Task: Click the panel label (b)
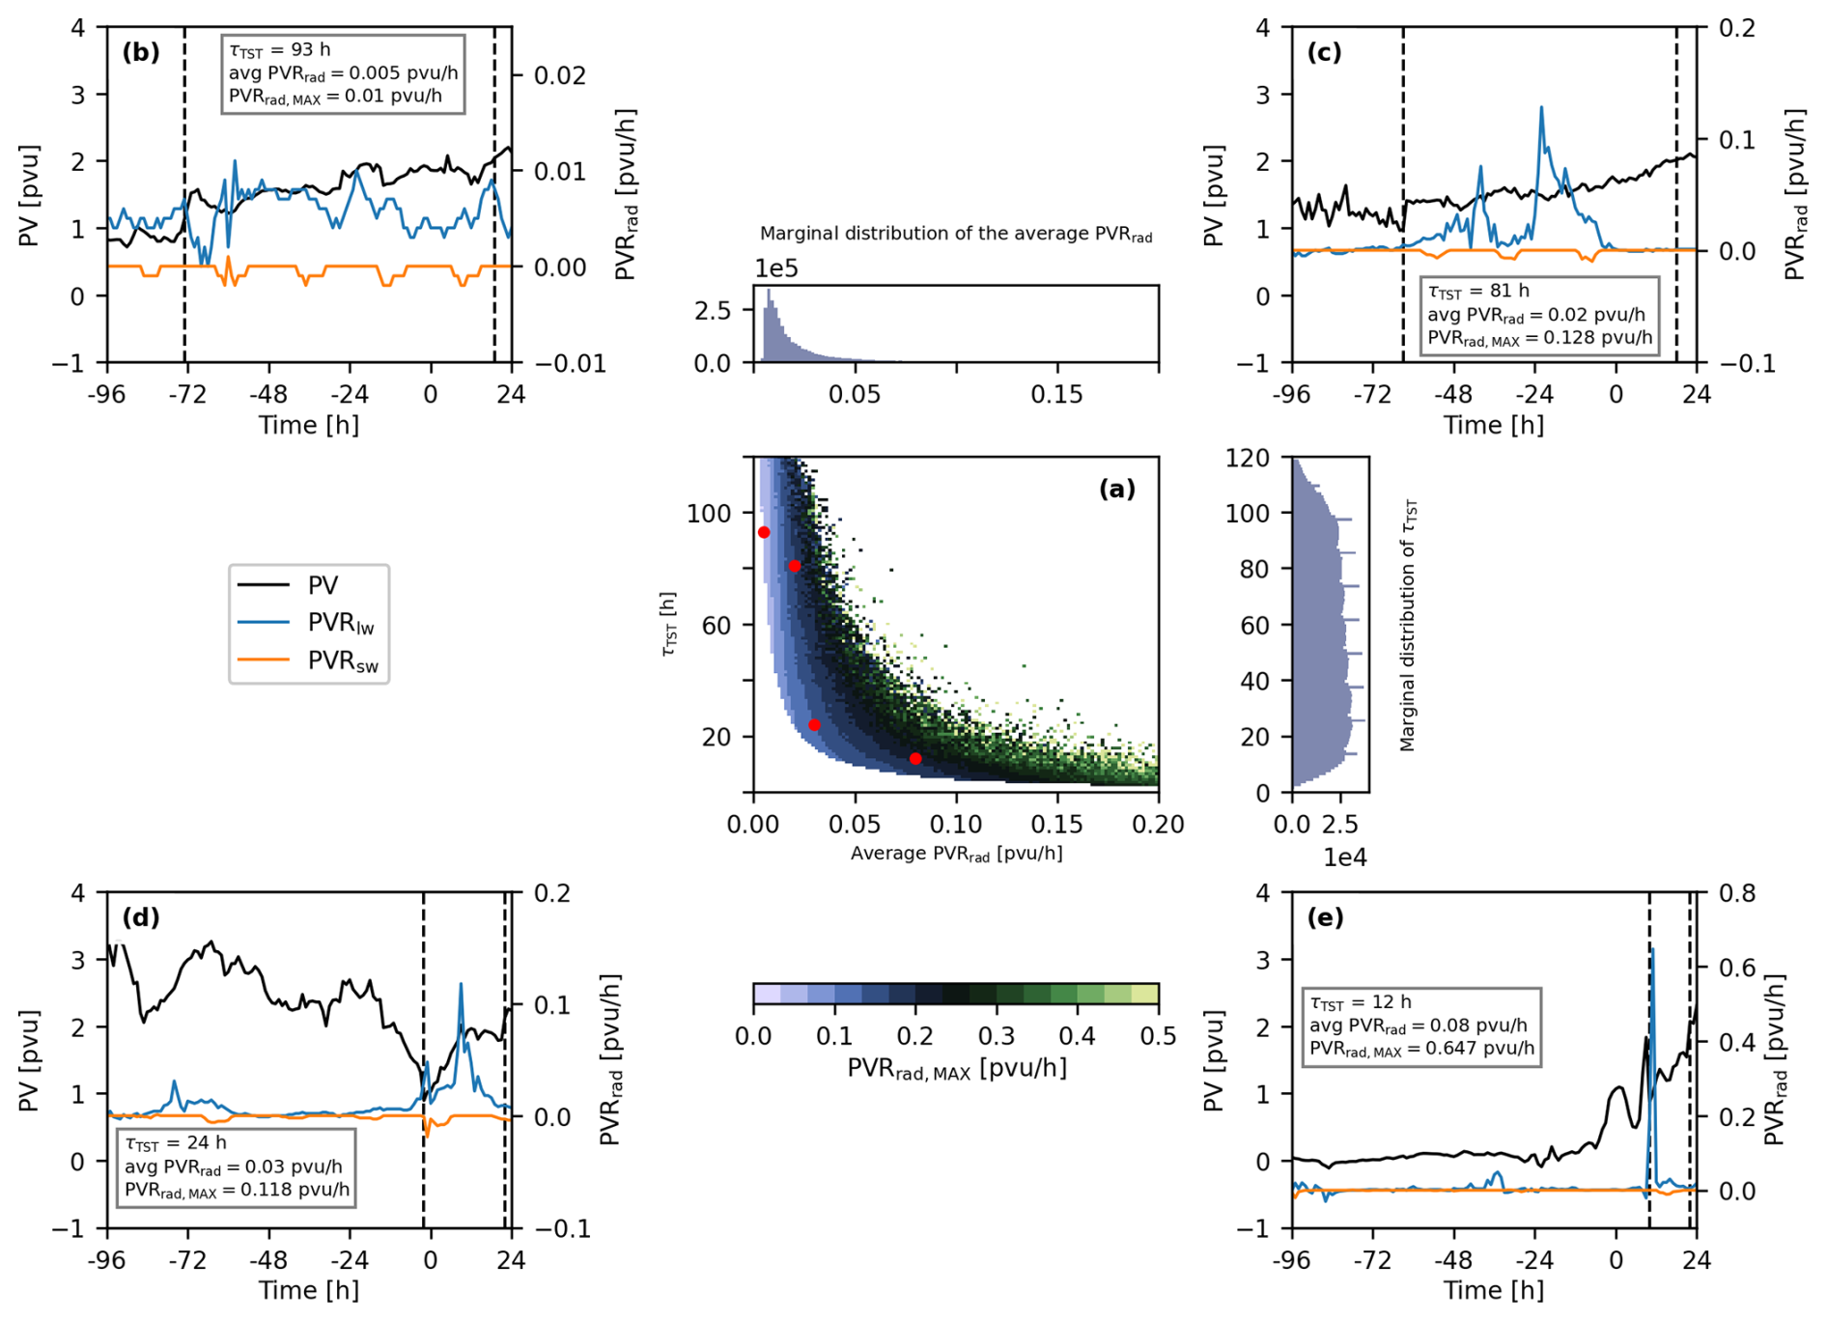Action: pos(141,52)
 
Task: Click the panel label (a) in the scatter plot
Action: pos(1117,490)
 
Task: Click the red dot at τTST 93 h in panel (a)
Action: pos(764,532)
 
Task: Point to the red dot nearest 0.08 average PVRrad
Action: pos(915,759)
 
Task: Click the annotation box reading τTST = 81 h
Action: pos(1539,315)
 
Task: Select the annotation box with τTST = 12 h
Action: pos(1421,1026)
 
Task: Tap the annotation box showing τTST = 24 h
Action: pos(237,1166)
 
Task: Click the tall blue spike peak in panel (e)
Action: pos(1653,950)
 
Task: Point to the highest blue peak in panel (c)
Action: pos(1541,107)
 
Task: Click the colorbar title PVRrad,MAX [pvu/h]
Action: pos(957,1069)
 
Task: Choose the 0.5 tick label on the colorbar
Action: pos(1158,1037)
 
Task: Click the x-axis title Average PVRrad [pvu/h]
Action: pos(956,854)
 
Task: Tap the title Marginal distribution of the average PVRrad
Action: pos(956,234)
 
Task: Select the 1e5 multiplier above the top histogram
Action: pos(776,268)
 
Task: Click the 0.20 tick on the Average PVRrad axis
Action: pos(1158,825)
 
